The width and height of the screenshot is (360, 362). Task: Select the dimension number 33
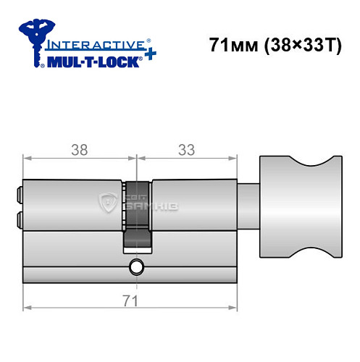pyautogui.click(x=188, y=151)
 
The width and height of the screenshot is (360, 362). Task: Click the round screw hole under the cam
pyautogui.click(x=136, y=268)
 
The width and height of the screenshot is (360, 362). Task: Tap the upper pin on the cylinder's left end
pyautogui.click(x=17, y=194)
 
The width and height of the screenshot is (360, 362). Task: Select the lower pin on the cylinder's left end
pyautogui.click(x=17, y=216)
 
